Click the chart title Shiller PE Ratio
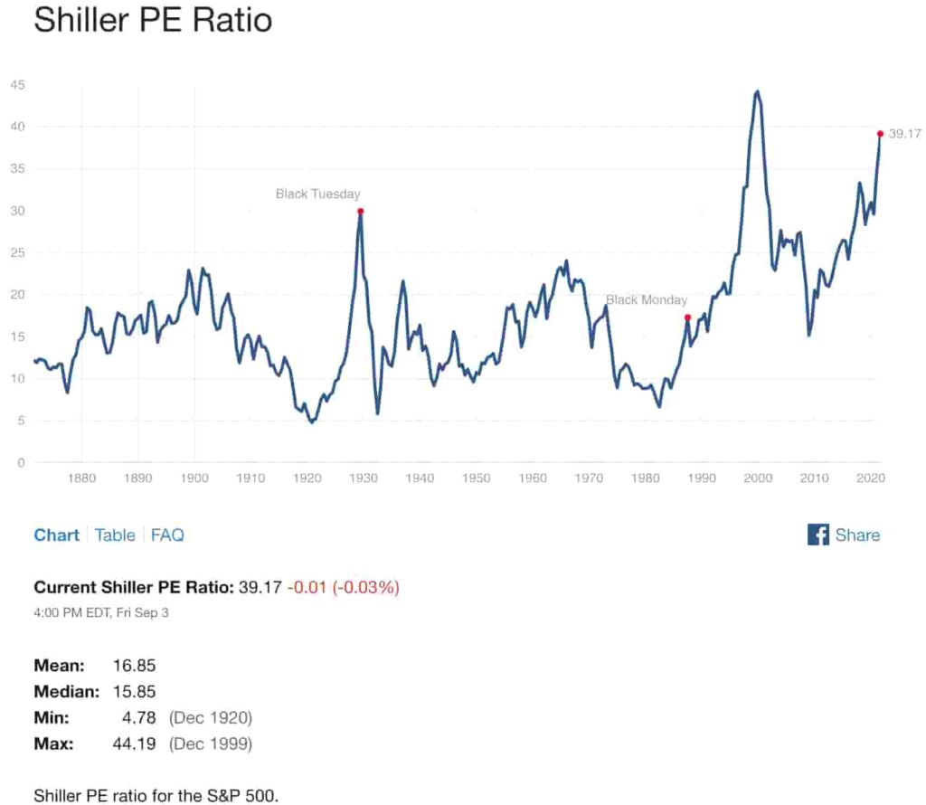152,19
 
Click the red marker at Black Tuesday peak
360,211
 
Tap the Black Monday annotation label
646,300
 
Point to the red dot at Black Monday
687,317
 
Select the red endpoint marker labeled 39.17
880,133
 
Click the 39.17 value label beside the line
903,133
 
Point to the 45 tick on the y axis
17,85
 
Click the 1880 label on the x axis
81,478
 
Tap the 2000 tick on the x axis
757,478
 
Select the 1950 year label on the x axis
476,478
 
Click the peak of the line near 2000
757,91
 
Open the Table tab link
115,535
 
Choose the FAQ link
167,535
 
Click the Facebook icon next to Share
817,535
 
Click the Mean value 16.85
134,666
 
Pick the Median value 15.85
134,692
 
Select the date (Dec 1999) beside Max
211,744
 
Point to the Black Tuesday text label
317,194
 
